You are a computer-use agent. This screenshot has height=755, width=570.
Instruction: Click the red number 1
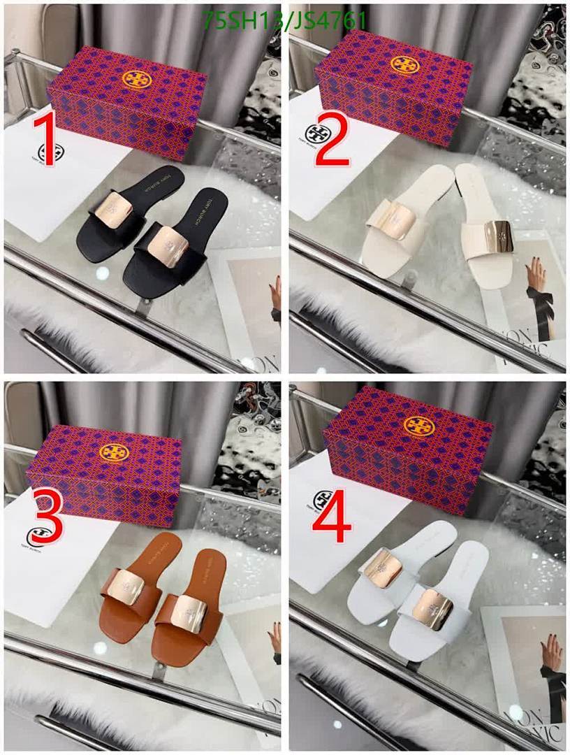point(46,141)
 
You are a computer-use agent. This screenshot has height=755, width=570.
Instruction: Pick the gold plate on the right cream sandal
point(498,236)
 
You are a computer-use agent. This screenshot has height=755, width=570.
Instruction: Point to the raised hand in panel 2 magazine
point(536,273)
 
